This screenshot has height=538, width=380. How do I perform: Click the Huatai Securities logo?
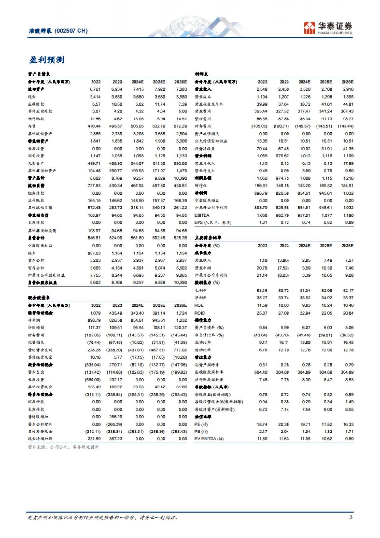pyautogui.click(x=328, y=28)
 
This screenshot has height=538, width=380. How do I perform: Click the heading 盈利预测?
pyautogui.click(x=47, y=60)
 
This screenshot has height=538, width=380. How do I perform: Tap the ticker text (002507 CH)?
pyautogui.click(x=71, y=31)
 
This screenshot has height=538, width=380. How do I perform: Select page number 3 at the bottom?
pyautogui.click(x=351, y=517)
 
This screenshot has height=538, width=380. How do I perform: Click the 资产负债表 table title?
pyautogui.click(x=39, y=74)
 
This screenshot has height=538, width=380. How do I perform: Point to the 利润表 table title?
pyautogui.click(x=201, y=74)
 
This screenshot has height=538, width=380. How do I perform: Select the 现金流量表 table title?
pyautogui.click(x=39, y=298)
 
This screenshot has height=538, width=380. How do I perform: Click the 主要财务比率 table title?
pyautogui.click(x=208, y=238)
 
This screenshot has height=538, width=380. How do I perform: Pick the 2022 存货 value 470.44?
pyautogui.click(x=94, y=126)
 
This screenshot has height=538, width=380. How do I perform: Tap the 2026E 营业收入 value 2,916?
pyautogui.click(x=348, y=89)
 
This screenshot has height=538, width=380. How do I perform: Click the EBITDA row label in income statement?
pyautogui.click(x=202, y=215)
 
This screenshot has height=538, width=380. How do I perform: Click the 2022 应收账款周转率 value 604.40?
pyautogui.click(x=261, y=372)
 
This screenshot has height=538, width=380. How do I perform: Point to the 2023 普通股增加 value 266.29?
pyautogui.click(x=116, y=417)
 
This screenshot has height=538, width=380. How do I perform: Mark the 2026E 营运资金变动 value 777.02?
pyautogui.click(x=180, y=350)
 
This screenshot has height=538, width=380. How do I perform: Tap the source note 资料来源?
pyautogui.click(x=63, y=447)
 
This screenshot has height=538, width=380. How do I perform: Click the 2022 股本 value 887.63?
pyautogui.click(x=94, y=253)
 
